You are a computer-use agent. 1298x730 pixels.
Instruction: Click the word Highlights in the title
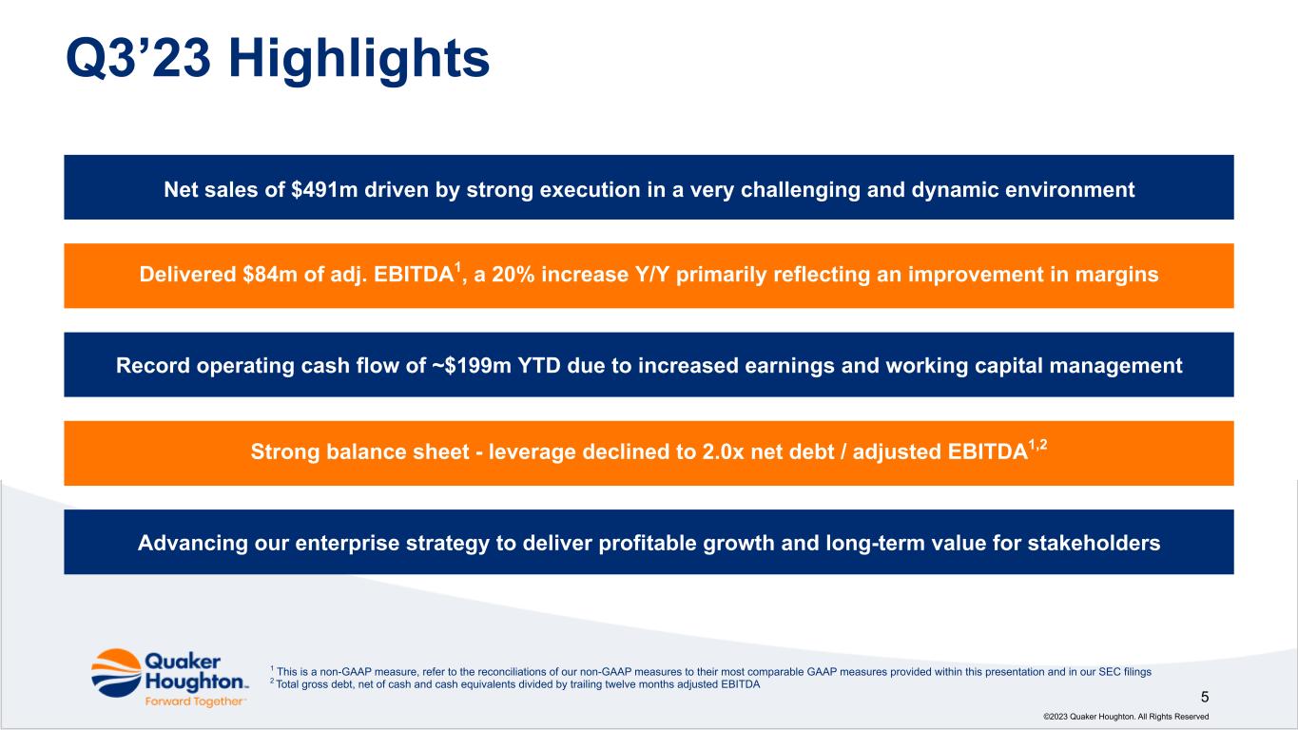point(359,60)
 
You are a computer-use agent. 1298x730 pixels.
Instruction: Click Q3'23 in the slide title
point(138,58)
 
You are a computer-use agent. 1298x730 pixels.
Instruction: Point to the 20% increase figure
point(513,274)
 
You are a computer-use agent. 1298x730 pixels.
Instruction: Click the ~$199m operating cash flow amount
point(471,366)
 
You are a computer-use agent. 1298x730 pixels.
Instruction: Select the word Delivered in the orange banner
point(187,274)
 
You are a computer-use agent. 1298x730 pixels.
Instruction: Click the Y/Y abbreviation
point(652,274)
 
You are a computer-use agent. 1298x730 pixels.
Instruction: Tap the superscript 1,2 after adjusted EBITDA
point(1037,445)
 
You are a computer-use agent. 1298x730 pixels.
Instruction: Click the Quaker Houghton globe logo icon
point(116,673)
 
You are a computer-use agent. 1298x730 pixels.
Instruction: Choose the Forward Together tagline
point(194,701)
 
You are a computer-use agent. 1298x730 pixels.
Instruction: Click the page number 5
point(1206,697)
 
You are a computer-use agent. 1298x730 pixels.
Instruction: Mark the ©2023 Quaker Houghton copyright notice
point(1126,717)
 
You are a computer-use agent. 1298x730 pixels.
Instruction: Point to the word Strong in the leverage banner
point(285,451)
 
